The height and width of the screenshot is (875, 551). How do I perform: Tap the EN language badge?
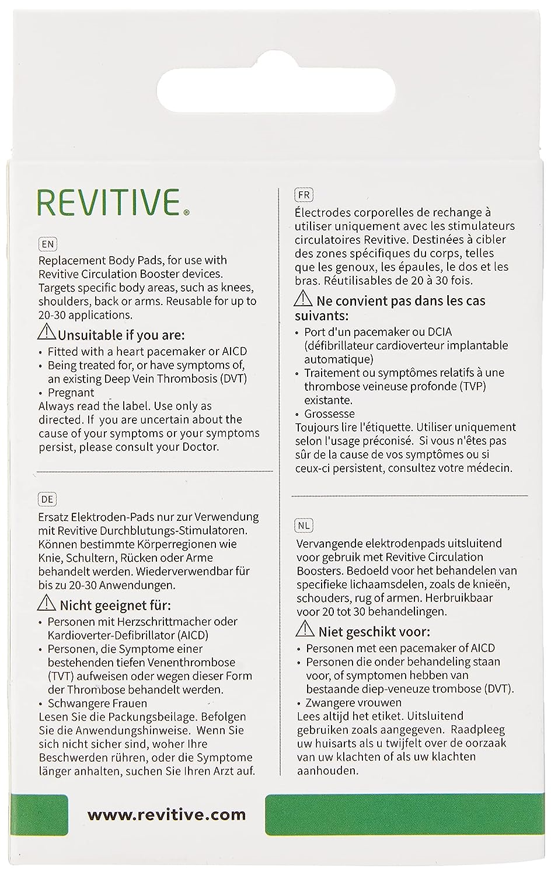pyautogui.click(x=47, y=244)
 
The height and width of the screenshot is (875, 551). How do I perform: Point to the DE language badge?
pyautogui.click(x=47, y=499)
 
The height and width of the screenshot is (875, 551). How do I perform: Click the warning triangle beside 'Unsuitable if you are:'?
pyautogui.click(x=46, y=334)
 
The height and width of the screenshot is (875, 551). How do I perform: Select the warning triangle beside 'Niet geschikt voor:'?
pyautogui.click(x=305, y=629)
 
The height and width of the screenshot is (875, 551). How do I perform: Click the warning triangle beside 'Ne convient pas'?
pyautogui.click(x=304, y=300)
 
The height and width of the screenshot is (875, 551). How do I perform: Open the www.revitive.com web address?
pyautogui.click(x=166, y=814)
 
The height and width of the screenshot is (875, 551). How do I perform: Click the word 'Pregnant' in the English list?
pyautogui.click(x=71, y=393)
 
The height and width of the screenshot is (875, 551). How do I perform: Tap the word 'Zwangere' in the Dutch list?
pyautogui.click(x=330, y=702)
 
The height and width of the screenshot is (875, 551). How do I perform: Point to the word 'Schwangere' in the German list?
pyautogui.click(x=75, y=703)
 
